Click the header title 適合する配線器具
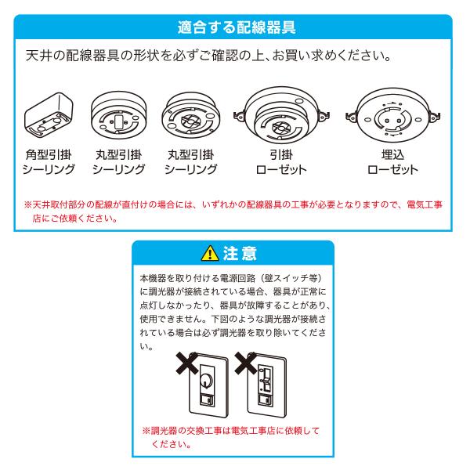pos(237,27)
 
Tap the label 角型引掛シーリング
pos(49,162)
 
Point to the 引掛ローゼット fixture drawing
pos(282,116)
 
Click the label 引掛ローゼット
pos(281,162)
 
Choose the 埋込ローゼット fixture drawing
pos(392,116)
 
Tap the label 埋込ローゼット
pos(392,162)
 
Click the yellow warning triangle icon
pos(210,253)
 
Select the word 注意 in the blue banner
pos(240,253)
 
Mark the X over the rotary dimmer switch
pos(188,363)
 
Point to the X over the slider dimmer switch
pos(247,363)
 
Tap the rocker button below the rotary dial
pos(207,400)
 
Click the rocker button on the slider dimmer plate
pos(266,400)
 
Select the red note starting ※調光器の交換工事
pos(231,437)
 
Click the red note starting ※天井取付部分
pos(233,211)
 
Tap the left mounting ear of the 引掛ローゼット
pos(240,115)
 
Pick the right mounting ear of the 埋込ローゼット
pos(434,115)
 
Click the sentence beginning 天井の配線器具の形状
pos(208,56)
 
